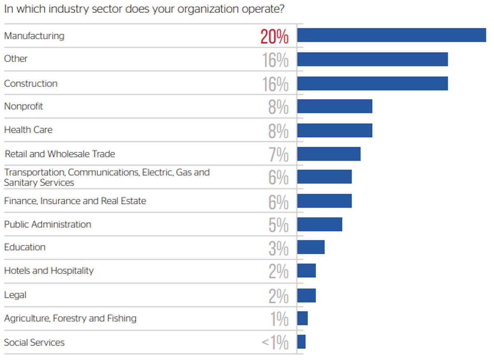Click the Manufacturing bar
[x=391, y=35]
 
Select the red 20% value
[x=275, y=37]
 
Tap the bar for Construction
[x=372, y=83]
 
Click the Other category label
[x=16, y=59]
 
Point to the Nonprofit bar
[x=334, y=106]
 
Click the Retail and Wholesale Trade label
[x=60, y=154]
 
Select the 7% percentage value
[x=278, y=155]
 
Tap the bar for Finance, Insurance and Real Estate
[x=324, y=201]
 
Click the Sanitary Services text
[x=39, y=183]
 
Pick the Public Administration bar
[x=319, y=224]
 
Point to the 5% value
[x=278, y=225]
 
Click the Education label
[x=25, y=247]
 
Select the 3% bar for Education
[x=311, y=247]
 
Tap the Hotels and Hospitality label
[x=49, y=271]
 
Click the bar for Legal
[x=306, y=295]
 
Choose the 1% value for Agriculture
[x=280, y=319]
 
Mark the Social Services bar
[x=301, y=342]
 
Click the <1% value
[x=275, y=343]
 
